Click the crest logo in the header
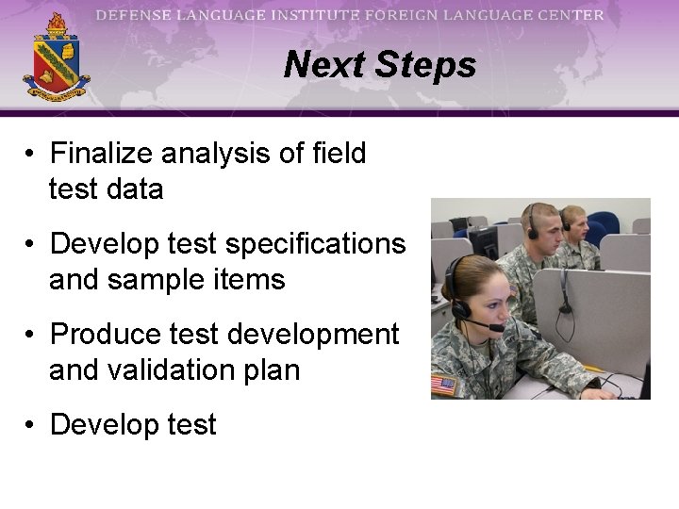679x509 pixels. click(56, 58)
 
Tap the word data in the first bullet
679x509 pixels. click(135, 189)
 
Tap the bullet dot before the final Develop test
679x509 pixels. click(31, 425)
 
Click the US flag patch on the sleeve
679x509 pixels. click(443, 385)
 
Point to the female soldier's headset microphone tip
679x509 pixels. click(496, 329)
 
